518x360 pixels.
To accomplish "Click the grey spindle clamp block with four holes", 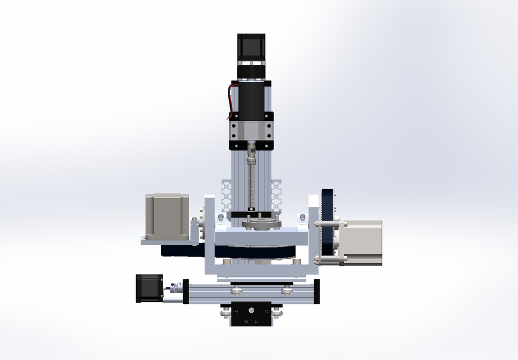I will (x=251, y=132).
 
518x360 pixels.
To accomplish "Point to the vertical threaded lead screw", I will (x=251, y=183).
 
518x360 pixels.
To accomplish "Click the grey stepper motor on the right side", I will (x=361, y=242).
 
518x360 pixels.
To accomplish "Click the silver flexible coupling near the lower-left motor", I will (x=177, y=288).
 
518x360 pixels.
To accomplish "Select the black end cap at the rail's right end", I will (x=317, y=291).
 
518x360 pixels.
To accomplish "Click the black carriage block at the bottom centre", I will (x=251, y=314).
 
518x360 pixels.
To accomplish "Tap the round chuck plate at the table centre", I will (x=260, y=224).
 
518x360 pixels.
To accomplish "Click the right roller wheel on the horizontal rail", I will (x=286, y=290).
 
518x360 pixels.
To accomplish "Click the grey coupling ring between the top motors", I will (x=251, y=70).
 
